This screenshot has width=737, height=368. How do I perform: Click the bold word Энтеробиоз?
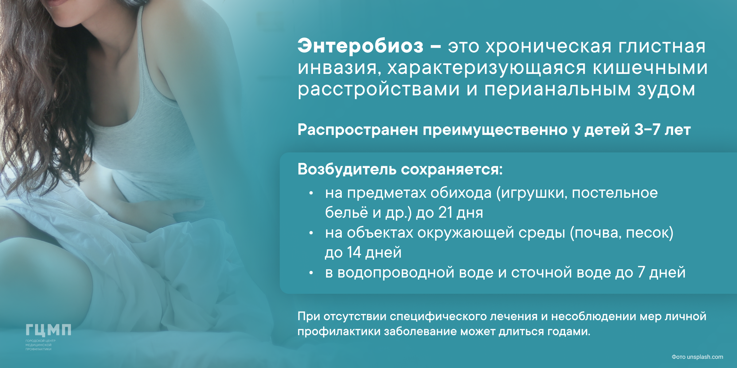(360, 46)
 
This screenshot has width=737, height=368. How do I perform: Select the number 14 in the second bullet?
(354, 252)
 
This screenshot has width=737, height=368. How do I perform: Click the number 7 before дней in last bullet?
(641, 272)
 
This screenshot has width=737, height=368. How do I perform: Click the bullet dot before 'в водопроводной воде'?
(311, 273)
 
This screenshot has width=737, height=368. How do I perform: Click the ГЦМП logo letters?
(48, 330)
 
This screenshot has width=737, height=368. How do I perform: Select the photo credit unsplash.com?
(705, 357)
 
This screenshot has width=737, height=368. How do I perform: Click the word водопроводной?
(396, 273)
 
